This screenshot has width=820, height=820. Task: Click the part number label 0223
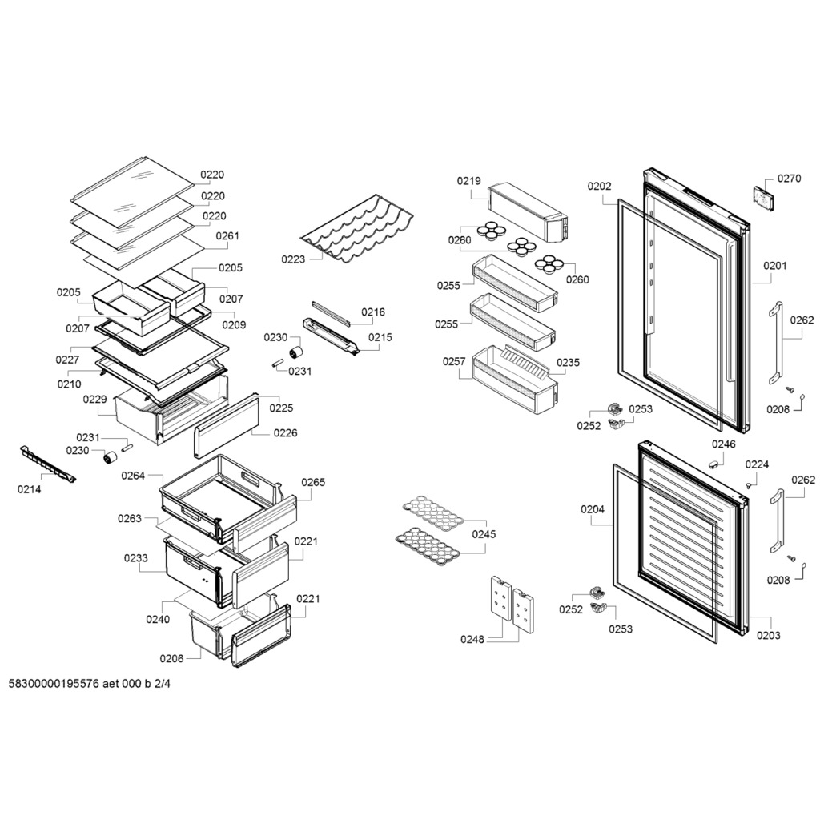(293, 259)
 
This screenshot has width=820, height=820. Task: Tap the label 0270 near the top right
(789, 179)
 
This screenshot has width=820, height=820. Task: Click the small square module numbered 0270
(763, 199)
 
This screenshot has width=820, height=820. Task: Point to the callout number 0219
(468, 181)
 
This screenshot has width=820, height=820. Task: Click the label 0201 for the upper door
(774, 266)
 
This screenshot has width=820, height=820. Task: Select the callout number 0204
(593, 508)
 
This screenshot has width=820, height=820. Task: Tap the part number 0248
(472, 639)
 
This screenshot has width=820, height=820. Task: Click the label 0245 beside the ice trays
(484, 534)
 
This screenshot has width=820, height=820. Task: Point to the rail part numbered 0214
(47, 464)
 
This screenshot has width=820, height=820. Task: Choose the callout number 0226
(285, 433)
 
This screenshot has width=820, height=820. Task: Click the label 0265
(313, 482)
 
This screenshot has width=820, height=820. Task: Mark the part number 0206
(171, 658)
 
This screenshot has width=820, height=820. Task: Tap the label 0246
(723, 444)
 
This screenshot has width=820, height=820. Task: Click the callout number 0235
(568, 363)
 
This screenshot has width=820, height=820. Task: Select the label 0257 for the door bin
(453, 361)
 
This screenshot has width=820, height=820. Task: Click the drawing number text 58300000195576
(54, 684)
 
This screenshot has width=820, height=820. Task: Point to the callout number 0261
(227, 236)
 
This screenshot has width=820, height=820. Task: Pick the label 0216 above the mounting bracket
(373, 312)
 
